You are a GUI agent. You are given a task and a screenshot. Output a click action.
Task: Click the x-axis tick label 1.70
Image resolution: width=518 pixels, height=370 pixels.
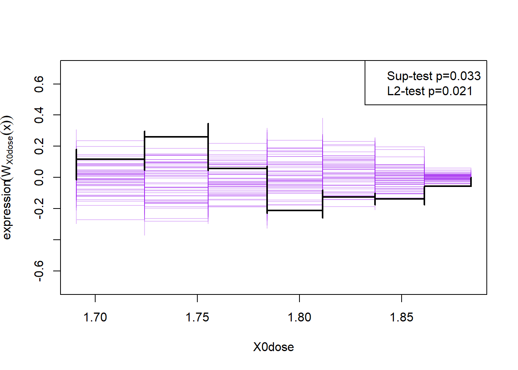(x=95, y=318)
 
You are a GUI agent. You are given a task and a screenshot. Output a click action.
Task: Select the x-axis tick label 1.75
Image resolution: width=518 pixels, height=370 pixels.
(x=197, y=318)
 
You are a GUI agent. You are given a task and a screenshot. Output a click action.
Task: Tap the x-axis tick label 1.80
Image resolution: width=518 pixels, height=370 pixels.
(x=299, y=318)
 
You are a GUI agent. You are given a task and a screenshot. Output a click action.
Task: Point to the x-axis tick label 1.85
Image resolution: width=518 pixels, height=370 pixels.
(x=401, y=318)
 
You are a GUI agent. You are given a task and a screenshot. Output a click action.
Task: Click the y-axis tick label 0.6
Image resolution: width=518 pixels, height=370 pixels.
(x=39, y=84)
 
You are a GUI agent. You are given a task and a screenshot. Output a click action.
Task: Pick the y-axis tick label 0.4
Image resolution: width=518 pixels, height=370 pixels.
(x=39, y=115)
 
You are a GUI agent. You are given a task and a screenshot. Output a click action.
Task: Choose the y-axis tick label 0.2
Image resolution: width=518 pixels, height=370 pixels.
(x=39, y=146)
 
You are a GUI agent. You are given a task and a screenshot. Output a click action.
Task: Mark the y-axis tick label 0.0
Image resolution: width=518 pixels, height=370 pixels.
(x=39, y=178)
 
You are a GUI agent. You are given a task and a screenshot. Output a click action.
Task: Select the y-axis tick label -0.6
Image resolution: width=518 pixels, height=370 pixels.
(x=39, y=271)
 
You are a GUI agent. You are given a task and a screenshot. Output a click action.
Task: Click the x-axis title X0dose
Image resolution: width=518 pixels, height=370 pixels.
(x=273, y=347)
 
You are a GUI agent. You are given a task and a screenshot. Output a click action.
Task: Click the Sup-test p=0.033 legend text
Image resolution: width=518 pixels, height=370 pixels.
(x=434, y=76)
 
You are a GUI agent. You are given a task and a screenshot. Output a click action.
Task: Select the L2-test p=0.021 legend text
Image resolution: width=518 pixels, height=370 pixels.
(x=430, y=91)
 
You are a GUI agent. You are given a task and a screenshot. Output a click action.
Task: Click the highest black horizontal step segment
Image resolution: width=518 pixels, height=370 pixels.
(x=176, y=137)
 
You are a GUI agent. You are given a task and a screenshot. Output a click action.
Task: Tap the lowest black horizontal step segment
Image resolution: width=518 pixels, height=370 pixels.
(x=295, y=210)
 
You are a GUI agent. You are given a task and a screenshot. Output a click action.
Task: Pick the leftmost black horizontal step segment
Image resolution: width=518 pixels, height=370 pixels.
(x=110, y=159)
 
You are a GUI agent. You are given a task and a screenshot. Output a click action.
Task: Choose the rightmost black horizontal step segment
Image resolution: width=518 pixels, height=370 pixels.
(x=447, y=186)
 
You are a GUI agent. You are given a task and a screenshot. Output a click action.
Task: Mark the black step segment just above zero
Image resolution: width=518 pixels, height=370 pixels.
(x=237, y=168)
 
